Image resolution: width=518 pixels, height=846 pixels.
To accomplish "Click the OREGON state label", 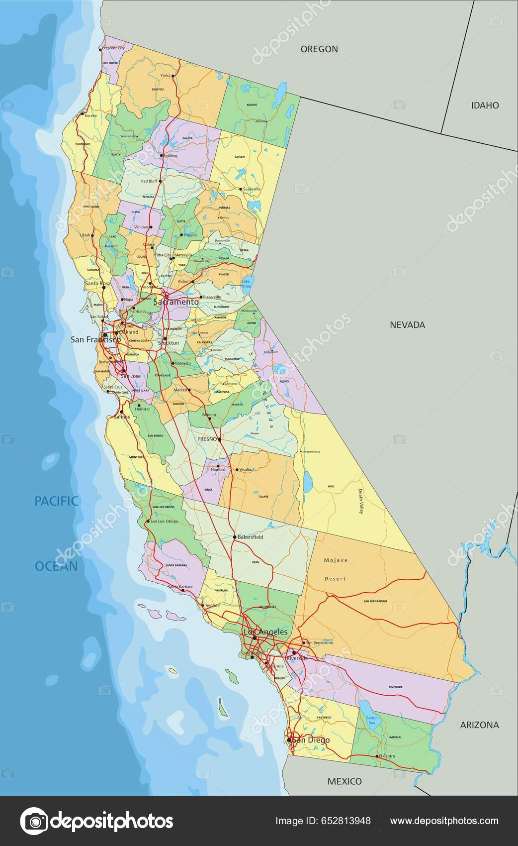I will (319, 49).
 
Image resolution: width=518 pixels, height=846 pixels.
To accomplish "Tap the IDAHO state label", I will (485, 105).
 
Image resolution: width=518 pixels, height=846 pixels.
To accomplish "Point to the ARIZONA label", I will (479, 725).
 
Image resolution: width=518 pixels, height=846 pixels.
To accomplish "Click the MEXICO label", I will (344, 781).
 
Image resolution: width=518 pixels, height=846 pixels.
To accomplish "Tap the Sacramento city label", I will (176, 302).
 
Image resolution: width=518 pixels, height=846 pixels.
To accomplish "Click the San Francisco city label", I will (95, 339).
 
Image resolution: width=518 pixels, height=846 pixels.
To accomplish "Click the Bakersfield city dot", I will (235, 537).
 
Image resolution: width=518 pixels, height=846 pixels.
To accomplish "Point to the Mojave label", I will (336, 560).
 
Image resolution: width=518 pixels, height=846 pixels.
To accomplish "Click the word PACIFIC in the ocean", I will (56, 501).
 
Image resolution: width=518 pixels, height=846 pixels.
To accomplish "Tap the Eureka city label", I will (90, 115).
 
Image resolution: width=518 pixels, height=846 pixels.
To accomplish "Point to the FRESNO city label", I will (207, 439).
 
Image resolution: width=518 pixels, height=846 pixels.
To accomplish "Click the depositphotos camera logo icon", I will (33, 821).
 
